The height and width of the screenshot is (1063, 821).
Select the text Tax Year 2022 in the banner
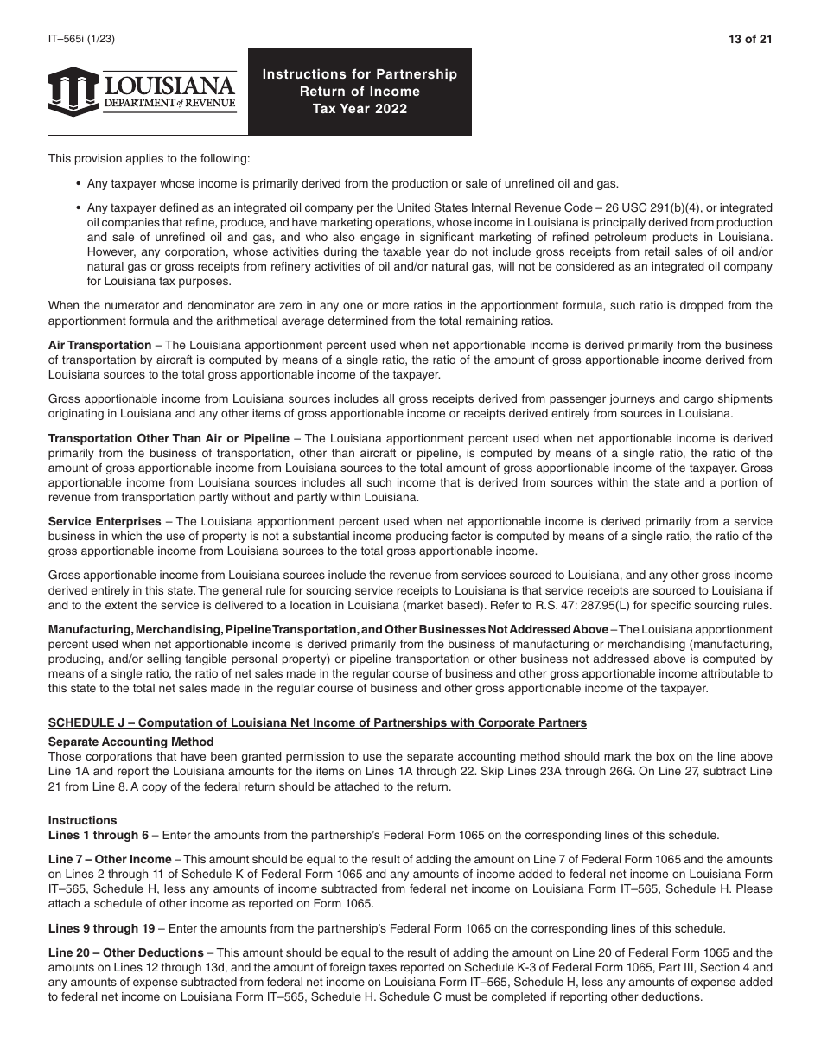[360, 109]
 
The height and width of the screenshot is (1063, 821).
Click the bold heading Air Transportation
[99, 346]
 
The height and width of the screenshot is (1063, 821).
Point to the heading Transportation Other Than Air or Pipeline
[169, 439]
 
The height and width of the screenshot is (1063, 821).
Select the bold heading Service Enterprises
[105, 522]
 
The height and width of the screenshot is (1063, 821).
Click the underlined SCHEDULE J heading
[317, 722]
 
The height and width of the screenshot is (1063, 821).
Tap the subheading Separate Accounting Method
[130, 742]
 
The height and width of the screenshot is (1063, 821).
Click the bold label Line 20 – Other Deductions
[125, 953]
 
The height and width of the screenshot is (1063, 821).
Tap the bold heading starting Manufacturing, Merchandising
[328, 629]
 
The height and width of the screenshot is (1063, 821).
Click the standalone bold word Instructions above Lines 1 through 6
[82, 820]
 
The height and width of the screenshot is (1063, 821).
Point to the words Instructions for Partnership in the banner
[360, 74]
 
